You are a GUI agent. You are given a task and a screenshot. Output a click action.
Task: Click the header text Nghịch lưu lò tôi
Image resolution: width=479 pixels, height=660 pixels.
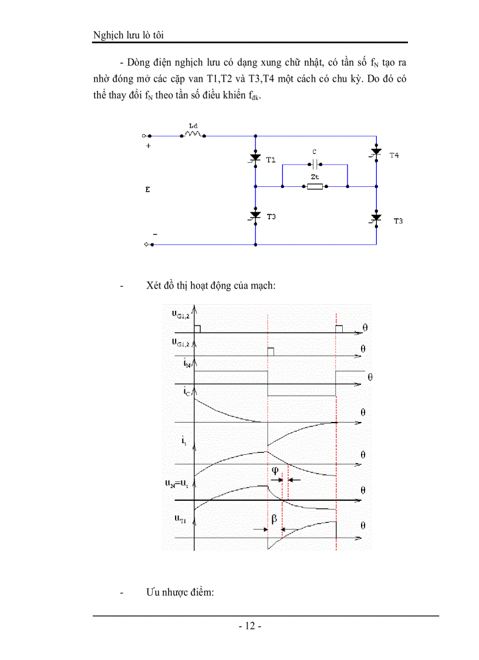[x=128, y=35]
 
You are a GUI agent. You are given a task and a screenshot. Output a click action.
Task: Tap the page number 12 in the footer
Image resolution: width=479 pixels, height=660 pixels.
[x=249, y=626]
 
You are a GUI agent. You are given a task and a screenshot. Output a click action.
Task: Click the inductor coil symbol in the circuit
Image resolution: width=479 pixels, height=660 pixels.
[x=193, y=135]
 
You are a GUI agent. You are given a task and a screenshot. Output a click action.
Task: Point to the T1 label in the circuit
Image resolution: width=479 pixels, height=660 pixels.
[x=271, y=159]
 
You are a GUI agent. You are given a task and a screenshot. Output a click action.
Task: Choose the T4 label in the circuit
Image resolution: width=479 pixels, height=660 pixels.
[x=394, y=155]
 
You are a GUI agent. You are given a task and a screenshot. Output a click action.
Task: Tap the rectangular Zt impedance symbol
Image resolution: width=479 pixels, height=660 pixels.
[x=315, y=187]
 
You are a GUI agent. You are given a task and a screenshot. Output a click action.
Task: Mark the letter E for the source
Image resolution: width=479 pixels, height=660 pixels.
[x=147, y=190]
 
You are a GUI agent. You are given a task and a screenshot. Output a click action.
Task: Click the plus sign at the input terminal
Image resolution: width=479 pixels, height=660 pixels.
[x=148, y=146]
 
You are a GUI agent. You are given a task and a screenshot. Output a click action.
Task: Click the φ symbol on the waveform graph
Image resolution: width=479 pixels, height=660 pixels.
[x=275, y=470]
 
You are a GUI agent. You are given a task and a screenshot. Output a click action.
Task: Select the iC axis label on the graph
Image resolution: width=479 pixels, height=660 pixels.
[x=187, y=391]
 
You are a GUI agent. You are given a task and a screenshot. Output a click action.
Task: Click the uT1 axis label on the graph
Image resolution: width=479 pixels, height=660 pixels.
[x=181, y=518]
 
